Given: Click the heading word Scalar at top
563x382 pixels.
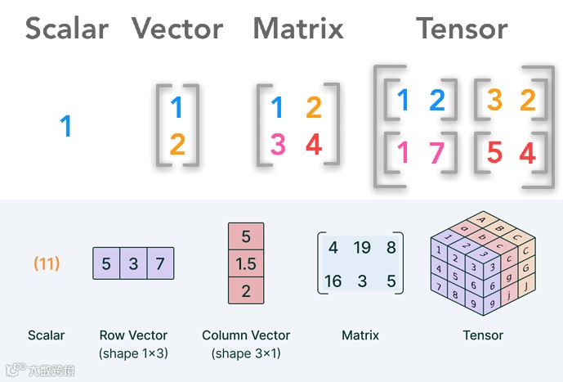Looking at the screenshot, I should tap(67, 29).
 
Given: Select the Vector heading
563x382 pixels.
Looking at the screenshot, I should tap(177, 29).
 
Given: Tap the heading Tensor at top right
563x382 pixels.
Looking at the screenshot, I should tap(462, 29).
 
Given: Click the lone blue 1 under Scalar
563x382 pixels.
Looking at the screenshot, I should tap(66, 126).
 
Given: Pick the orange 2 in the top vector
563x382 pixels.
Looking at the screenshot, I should tap(178, 146).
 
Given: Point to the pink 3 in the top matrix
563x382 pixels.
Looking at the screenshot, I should tap(278, 146).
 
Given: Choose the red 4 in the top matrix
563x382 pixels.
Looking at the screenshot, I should tap(314, 146).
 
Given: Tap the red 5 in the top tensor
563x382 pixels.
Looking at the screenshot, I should tap(494, 152).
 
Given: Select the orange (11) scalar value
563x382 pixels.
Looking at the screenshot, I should tap(47, 264).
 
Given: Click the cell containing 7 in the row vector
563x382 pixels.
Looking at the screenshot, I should tap(160, 264).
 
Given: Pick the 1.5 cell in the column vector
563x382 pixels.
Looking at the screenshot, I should tap(245, 263).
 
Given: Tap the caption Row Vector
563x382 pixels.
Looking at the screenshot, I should tap(133, 335).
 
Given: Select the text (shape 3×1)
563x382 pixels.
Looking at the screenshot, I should tap(245, 353).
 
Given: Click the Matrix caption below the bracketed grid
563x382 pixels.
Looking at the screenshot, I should tap(360, 335).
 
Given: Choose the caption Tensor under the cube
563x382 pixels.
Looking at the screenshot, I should tap(483, 335).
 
